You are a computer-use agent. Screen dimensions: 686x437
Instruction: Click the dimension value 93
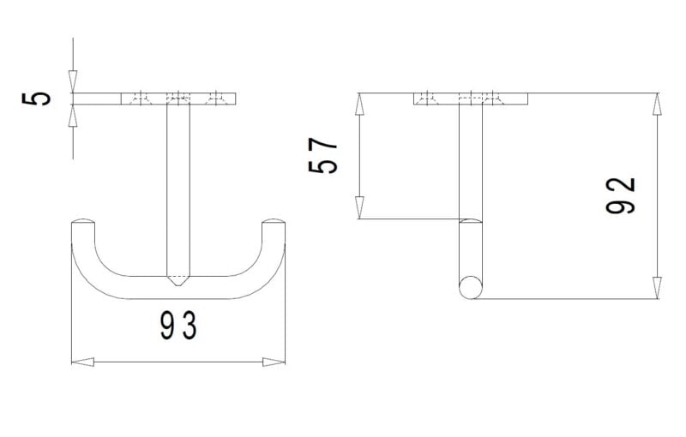(x=178, y=325)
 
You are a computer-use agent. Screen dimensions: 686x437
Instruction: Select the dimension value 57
(x=323, y=156)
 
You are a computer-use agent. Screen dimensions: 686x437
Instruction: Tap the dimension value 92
(x=620, y=195)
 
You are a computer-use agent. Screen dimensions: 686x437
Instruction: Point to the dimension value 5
(x=36, y=99)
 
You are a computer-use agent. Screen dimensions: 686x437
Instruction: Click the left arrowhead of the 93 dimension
(x=82, y=362)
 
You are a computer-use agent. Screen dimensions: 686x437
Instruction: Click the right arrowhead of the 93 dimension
(x=274, y=362)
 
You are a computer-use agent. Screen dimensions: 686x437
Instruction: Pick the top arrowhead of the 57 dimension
(x=359, y=104)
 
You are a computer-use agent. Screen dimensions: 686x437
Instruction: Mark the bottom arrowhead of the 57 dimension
(x=359, y=207)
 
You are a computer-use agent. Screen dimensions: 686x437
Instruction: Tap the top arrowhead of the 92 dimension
(x=657, y=104)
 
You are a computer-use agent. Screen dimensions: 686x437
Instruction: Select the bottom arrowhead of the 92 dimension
(x=657, y=288)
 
